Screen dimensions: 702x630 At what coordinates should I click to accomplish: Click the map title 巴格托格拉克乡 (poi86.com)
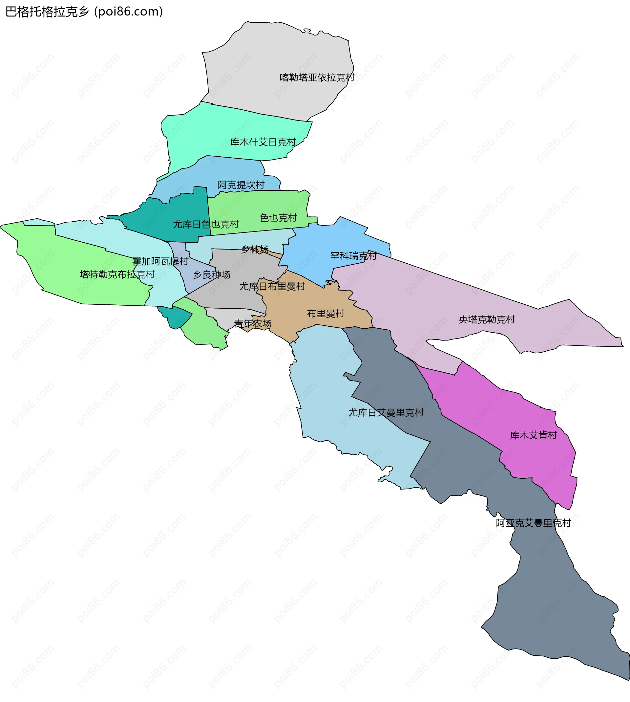(84, 12)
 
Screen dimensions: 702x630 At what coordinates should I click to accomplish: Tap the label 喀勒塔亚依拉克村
(317, 77)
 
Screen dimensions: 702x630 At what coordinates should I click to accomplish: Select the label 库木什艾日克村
(263, 143)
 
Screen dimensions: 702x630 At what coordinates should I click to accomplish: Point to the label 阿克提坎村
(241, 185)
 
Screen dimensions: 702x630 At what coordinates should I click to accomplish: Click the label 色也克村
(278, 218)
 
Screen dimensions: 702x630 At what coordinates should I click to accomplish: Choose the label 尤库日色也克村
(206, 224)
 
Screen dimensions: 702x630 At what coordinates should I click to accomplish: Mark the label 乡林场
(255, 249)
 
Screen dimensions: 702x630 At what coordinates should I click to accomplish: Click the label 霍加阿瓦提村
(160, 261)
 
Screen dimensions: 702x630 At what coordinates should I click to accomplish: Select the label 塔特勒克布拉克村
(117, 274)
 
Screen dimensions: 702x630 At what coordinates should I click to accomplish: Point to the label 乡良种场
(212, 274)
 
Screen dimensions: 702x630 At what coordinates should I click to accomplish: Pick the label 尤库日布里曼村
(272, 286)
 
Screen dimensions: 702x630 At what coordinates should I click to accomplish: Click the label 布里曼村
(325, 314)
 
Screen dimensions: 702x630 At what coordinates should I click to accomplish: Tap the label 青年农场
(252, 323)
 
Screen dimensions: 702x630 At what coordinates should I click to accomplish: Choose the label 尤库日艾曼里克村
(386, 412)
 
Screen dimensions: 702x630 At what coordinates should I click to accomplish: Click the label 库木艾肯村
(533, 435)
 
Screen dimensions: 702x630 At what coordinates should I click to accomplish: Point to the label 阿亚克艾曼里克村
(533, 523)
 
